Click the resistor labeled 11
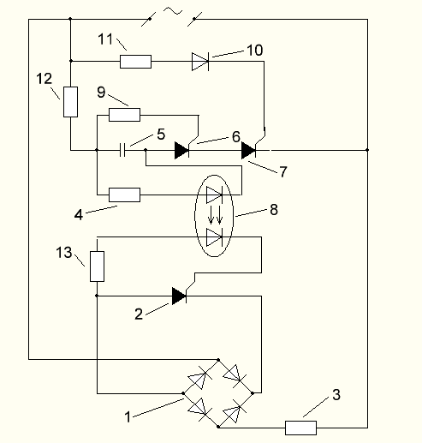click(x=135, y=62)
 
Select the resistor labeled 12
click(x=70, y=102)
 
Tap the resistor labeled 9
click(x=124, y=115)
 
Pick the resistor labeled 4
click(x=124, y=195)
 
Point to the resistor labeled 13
click(x=97, y=266)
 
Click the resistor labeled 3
click(x=300, y=428)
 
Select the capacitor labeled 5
click(x=122, y=150)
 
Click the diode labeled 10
click(x=200, y=62)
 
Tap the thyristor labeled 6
click(x=182, y=149)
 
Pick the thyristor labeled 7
click(x=249, y=150)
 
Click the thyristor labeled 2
click(x=180, y=296)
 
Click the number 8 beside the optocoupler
click(x=274, y=209)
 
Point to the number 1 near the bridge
click(x=128, y=417)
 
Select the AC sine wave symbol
click(x=173, y=11)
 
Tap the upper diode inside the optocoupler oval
click(x=214, y=195)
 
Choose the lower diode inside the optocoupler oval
click(x=214, y=237)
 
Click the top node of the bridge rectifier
click(x=218, y=360)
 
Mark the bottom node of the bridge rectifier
click(x=218, y=427)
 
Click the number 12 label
click(x=45, y=79)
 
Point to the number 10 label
click(x=255, y=51)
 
